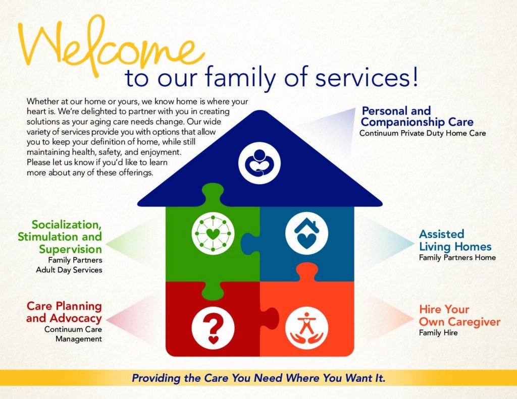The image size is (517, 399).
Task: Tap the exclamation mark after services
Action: [415, 76]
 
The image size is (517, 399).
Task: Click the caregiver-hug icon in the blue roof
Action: [260, 163]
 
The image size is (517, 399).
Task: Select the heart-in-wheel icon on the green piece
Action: [213, 233]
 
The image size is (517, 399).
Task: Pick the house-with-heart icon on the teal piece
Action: [306, 233]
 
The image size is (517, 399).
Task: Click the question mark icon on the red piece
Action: [213, 328]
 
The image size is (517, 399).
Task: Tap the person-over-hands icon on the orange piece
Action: [306, 328]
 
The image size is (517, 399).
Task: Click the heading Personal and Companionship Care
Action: [417, 117]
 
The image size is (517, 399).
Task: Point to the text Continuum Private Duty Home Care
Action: [423, 133]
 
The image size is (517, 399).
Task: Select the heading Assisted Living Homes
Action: [455, 240]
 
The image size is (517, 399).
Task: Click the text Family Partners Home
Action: [457, 257]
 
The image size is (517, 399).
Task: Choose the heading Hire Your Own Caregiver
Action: [459, 315]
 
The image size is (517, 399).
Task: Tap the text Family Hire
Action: [438, 332]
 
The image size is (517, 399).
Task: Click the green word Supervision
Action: [70, 249]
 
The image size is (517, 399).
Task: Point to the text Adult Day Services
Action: [69, 270]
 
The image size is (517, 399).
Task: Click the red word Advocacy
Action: [76, 319]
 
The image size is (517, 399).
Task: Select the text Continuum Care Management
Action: [73, 334]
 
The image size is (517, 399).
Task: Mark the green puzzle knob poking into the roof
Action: [213, 194]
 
